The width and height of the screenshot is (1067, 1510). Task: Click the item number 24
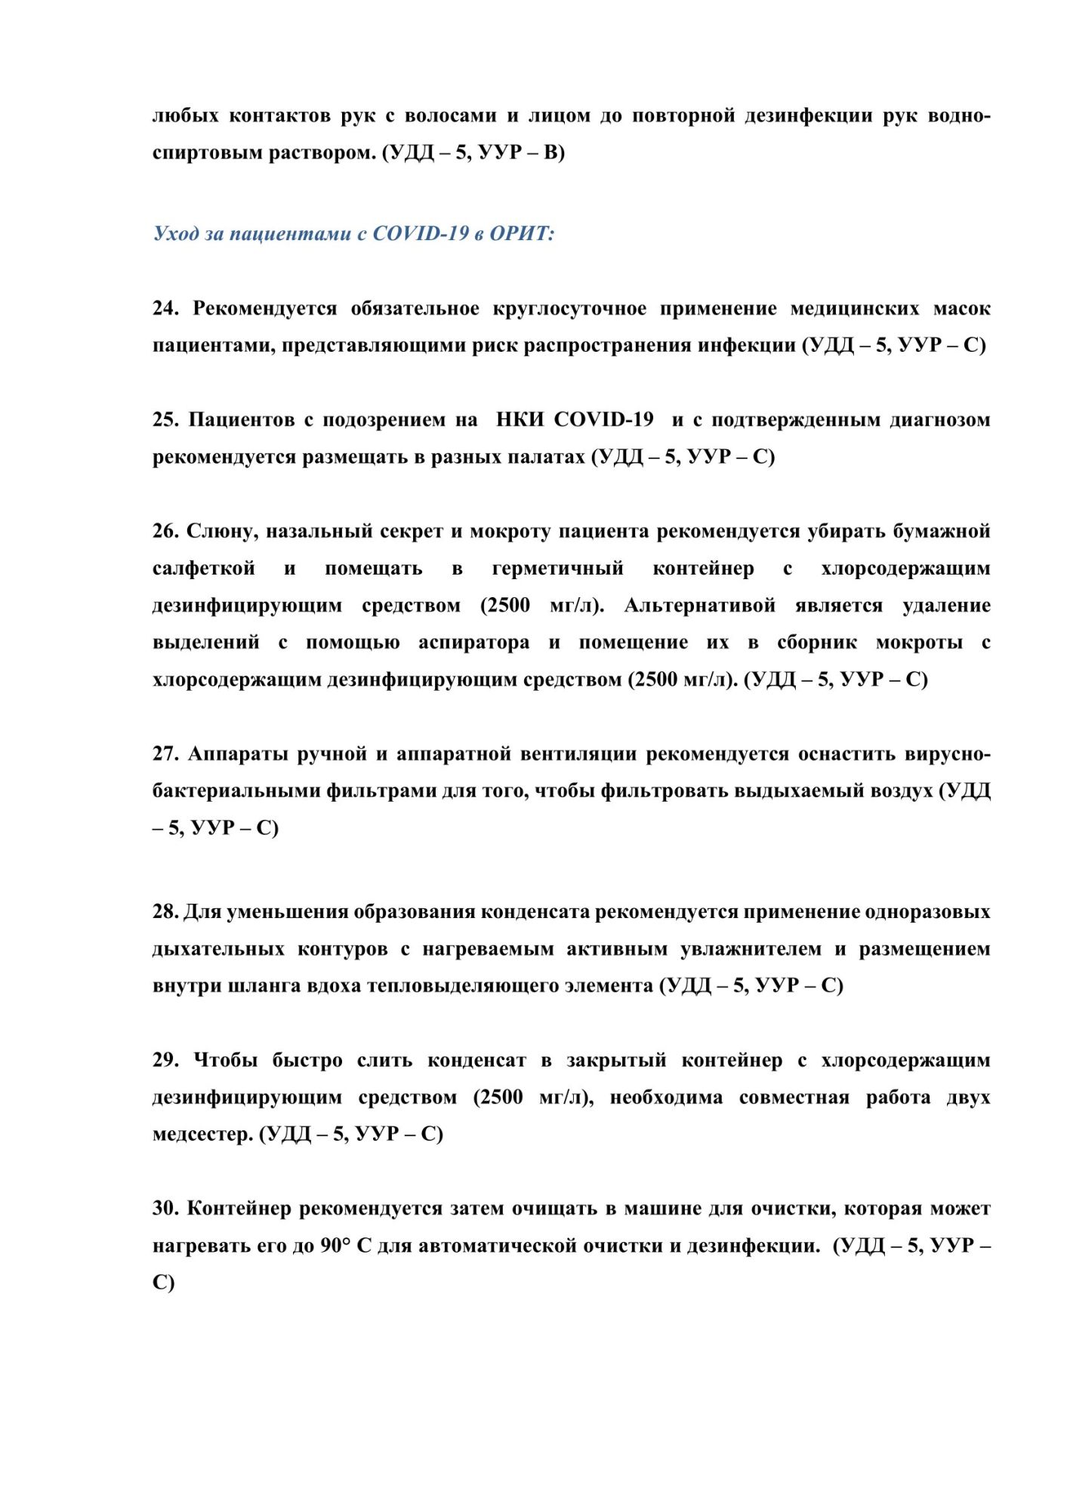tap(165, 308)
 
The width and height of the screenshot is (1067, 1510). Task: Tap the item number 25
tap(165, 420)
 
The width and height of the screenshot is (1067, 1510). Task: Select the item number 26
tap(165, 532)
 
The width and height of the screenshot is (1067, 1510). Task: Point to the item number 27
tap(165, 754)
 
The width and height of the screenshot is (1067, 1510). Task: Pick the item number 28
tap(165, 912)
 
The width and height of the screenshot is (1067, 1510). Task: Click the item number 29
tap(165, 1061)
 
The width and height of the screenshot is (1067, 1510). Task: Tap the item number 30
tap(165, 1209)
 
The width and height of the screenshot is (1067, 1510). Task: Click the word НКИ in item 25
tap(520, 420)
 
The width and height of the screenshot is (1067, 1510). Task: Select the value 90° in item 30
tap(335, 1246)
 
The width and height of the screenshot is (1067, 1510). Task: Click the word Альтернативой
tap(700, 606)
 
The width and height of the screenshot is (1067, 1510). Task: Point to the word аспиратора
tap(473, 643)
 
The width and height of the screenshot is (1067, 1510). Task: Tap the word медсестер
tap(202, 1135)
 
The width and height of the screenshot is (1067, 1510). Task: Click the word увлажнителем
tap(751, 949)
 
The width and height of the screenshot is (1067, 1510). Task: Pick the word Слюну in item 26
tap(222, 532)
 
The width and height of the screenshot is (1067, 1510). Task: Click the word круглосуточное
tap(569, 308)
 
